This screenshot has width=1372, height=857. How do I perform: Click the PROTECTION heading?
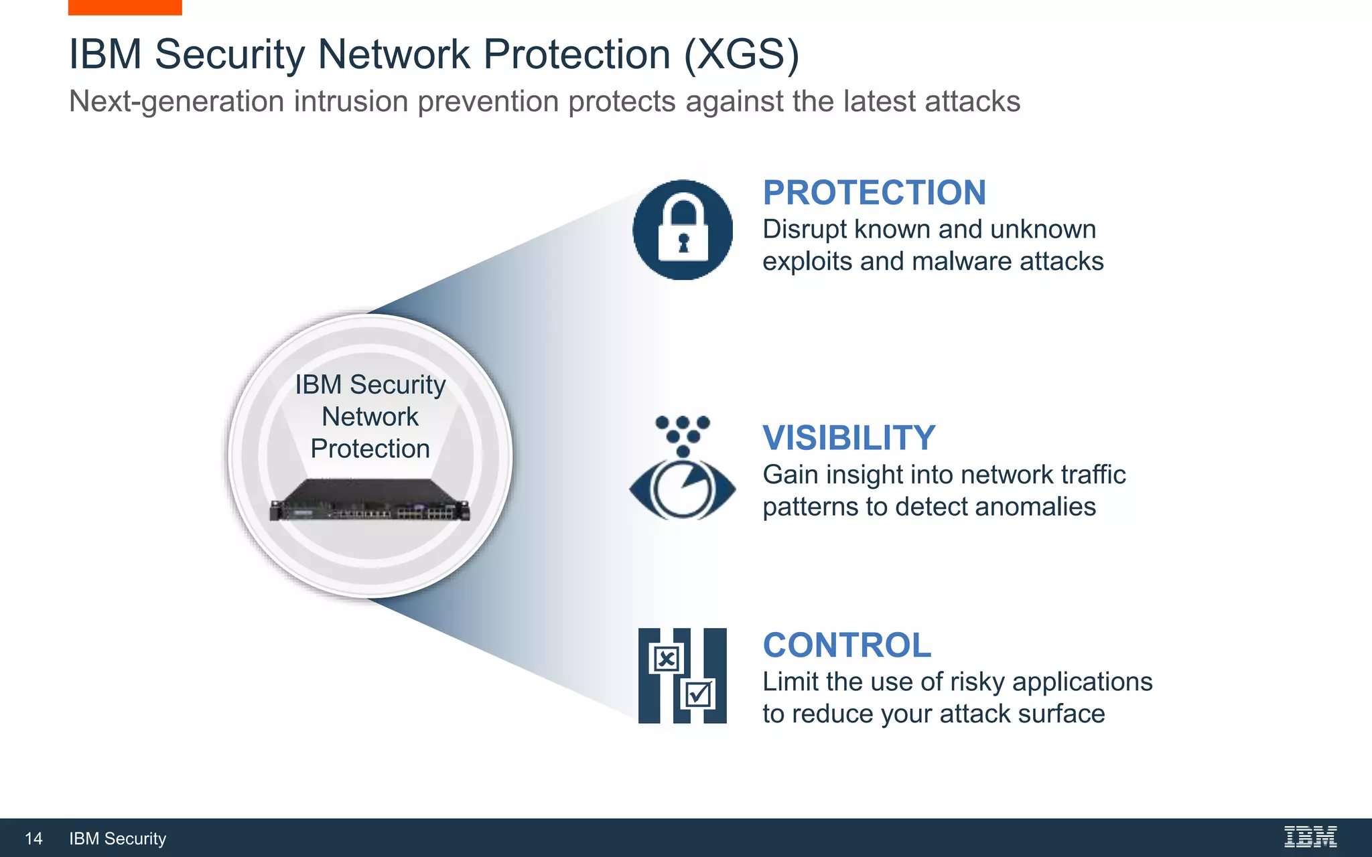click(x=874, y=193)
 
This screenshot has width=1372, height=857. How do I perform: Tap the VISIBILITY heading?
click(x=849, y=438)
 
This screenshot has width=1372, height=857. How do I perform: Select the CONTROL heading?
click(x=847, y=645)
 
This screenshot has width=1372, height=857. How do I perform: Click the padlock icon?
click(x=683, y=230)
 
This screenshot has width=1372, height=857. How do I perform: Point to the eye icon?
click(x=682, y=489)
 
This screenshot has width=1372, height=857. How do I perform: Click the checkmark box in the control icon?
click(x=698, y=694)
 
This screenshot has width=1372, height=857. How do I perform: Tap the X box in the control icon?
click(x=666, y=659)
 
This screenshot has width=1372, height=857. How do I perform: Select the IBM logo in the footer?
click(x=1310, y=837)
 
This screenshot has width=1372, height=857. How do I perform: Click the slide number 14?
click(x=33, y=839)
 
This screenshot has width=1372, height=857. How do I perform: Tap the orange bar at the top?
click(x=125, y=7)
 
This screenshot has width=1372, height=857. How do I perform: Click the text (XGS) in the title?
click(x=742, y=54)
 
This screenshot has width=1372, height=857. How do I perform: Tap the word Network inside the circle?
click(x=370, y=416)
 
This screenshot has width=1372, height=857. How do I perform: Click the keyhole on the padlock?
click(x=683, y=242)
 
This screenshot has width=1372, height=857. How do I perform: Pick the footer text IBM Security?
click(x=117, y=839)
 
